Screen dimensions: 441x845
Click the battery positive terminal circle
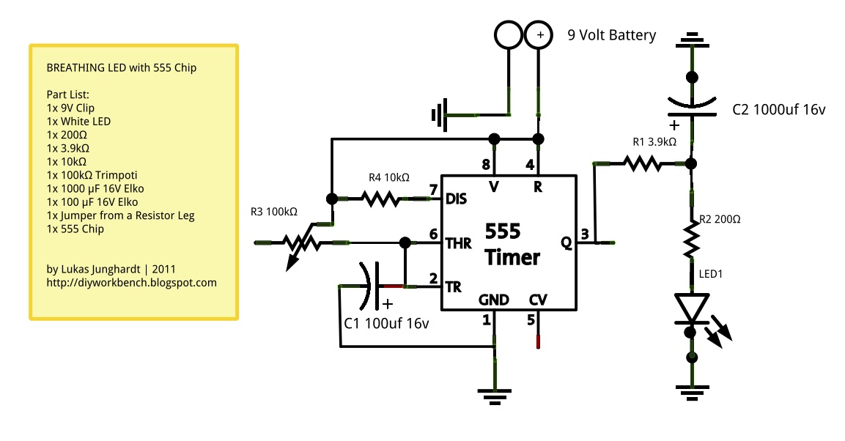point(539,34)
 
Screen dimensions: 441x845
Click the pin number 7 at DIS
point(433,189)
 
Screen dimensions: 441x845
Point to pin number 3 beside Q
point(584,234)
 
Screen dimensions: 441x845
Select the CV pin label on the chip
point(539,300)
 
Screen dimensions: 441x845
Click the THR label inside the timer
point(459,243)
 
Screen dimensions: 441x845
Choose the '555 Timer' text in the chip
point(512,245)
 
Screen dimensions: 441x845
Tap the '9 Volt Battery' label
point(612,35)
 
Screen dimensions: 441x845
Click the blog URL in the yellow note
point(131,282)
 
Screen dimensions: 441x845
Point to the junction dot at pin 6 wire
point(404,242)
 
